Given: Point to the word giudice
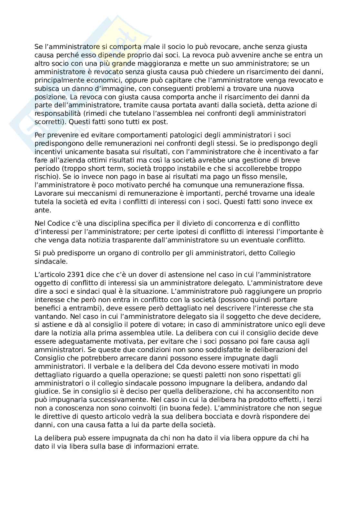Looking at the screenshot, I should (45, 392).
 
